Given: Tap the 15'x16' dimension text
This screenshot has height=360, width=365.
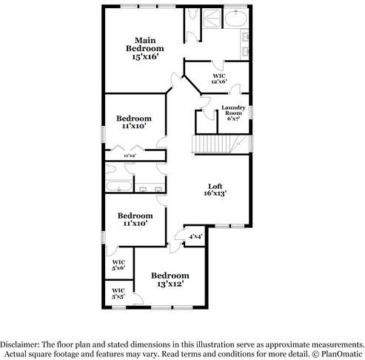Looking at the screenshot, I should tap(144, 56).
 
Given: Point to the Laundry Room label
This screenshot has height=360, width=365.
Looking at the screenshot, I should tap(234, 111).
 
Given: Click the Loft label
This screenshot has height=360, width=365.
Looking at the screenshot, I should tap(215, 186).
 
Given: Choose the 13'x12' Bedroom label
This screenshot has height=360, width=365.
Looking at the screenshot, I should tap(167, 276).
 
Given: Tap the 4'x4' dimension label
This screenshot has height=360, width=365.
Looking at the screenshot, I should tap(195, 237).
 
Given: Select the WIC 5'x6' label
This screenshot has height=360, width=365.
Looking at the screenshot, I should tap(118, 264).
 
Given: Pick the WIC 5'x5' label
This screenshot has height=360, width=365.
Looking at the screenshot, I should tap(118, 293).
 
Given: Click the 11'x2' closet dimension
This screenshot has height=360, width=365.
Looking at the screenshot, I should tap(130, 156).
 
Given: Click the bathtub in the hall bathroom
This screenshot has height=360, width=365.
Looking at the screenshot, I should tap(118, 184).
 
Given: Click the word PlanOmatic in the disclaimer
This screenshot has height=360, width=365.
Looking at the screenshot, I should tap(341, 354).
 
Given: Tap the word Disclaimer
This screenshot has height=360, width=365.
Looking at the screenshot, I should tap(21, 344).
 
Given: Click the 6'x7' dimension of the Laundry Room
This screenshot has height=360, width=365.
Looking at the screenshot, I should tap(234, 119).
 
